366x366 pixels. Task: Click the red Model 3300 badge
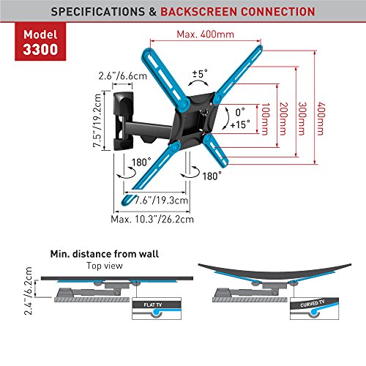tap(40, 42)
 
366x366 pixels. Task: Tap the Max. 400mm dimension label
tap(205, 34)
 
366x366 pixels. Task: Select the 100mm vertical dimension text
tap(266, 119)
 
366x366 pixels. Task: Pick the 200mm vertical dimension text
tap(283, 119)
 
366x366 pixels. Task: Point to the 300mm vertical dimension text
tap(302, 119)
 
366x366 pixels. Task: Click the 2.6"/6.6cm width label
tap(123, 76)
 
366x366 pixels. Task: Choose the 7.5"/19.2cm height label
tap(97, 121)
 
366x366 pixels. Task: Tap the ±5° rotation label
tap(200, 73)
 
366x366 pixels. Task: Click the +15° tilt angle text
tap(240, 124)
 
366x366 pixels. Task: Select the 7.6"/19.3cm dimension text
tap(162, 201)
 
